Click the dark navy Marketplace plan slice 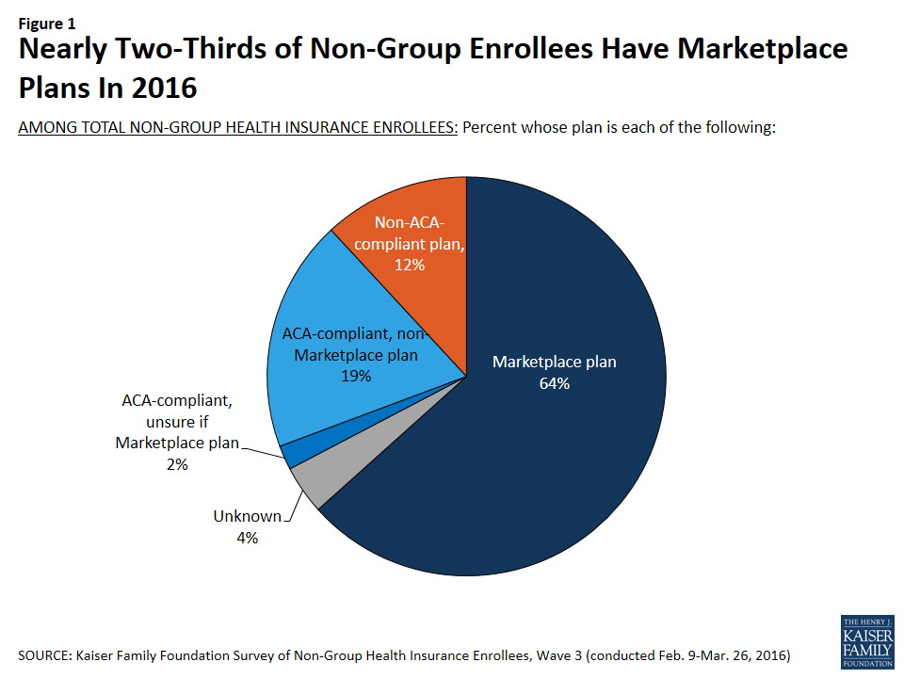[x=565, y=452]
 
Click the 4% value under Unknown [x=247, y=538]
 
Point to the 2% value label [x=177, y=464]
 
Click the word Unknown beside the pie [x=247, y=516]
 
